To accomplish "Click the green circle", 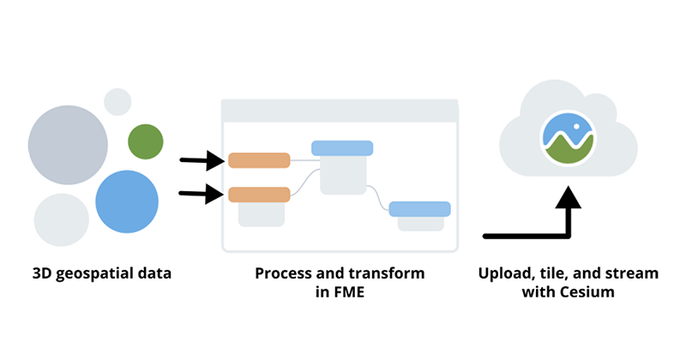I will [145, 141].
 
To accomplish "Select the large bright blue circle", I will [127, 201].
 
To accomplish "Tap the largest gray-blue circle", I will [68, 144].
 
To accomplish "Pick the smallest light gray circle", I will [117, 102].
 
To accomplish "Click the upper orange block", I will [259, 160].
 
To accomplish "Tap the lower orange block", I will [259, 195].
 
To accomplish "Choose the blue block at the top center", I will [342, 148].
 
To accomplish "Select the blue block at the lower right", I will [419, 208].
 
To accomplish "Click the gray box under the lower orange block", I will [261, 214].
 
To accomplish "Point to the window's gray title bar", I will [340, 111].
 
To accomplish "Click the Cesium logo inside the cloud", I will [569, 137].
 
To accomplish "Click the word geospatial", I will [99, 274].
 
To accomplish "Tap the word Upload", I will [503, 274].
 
